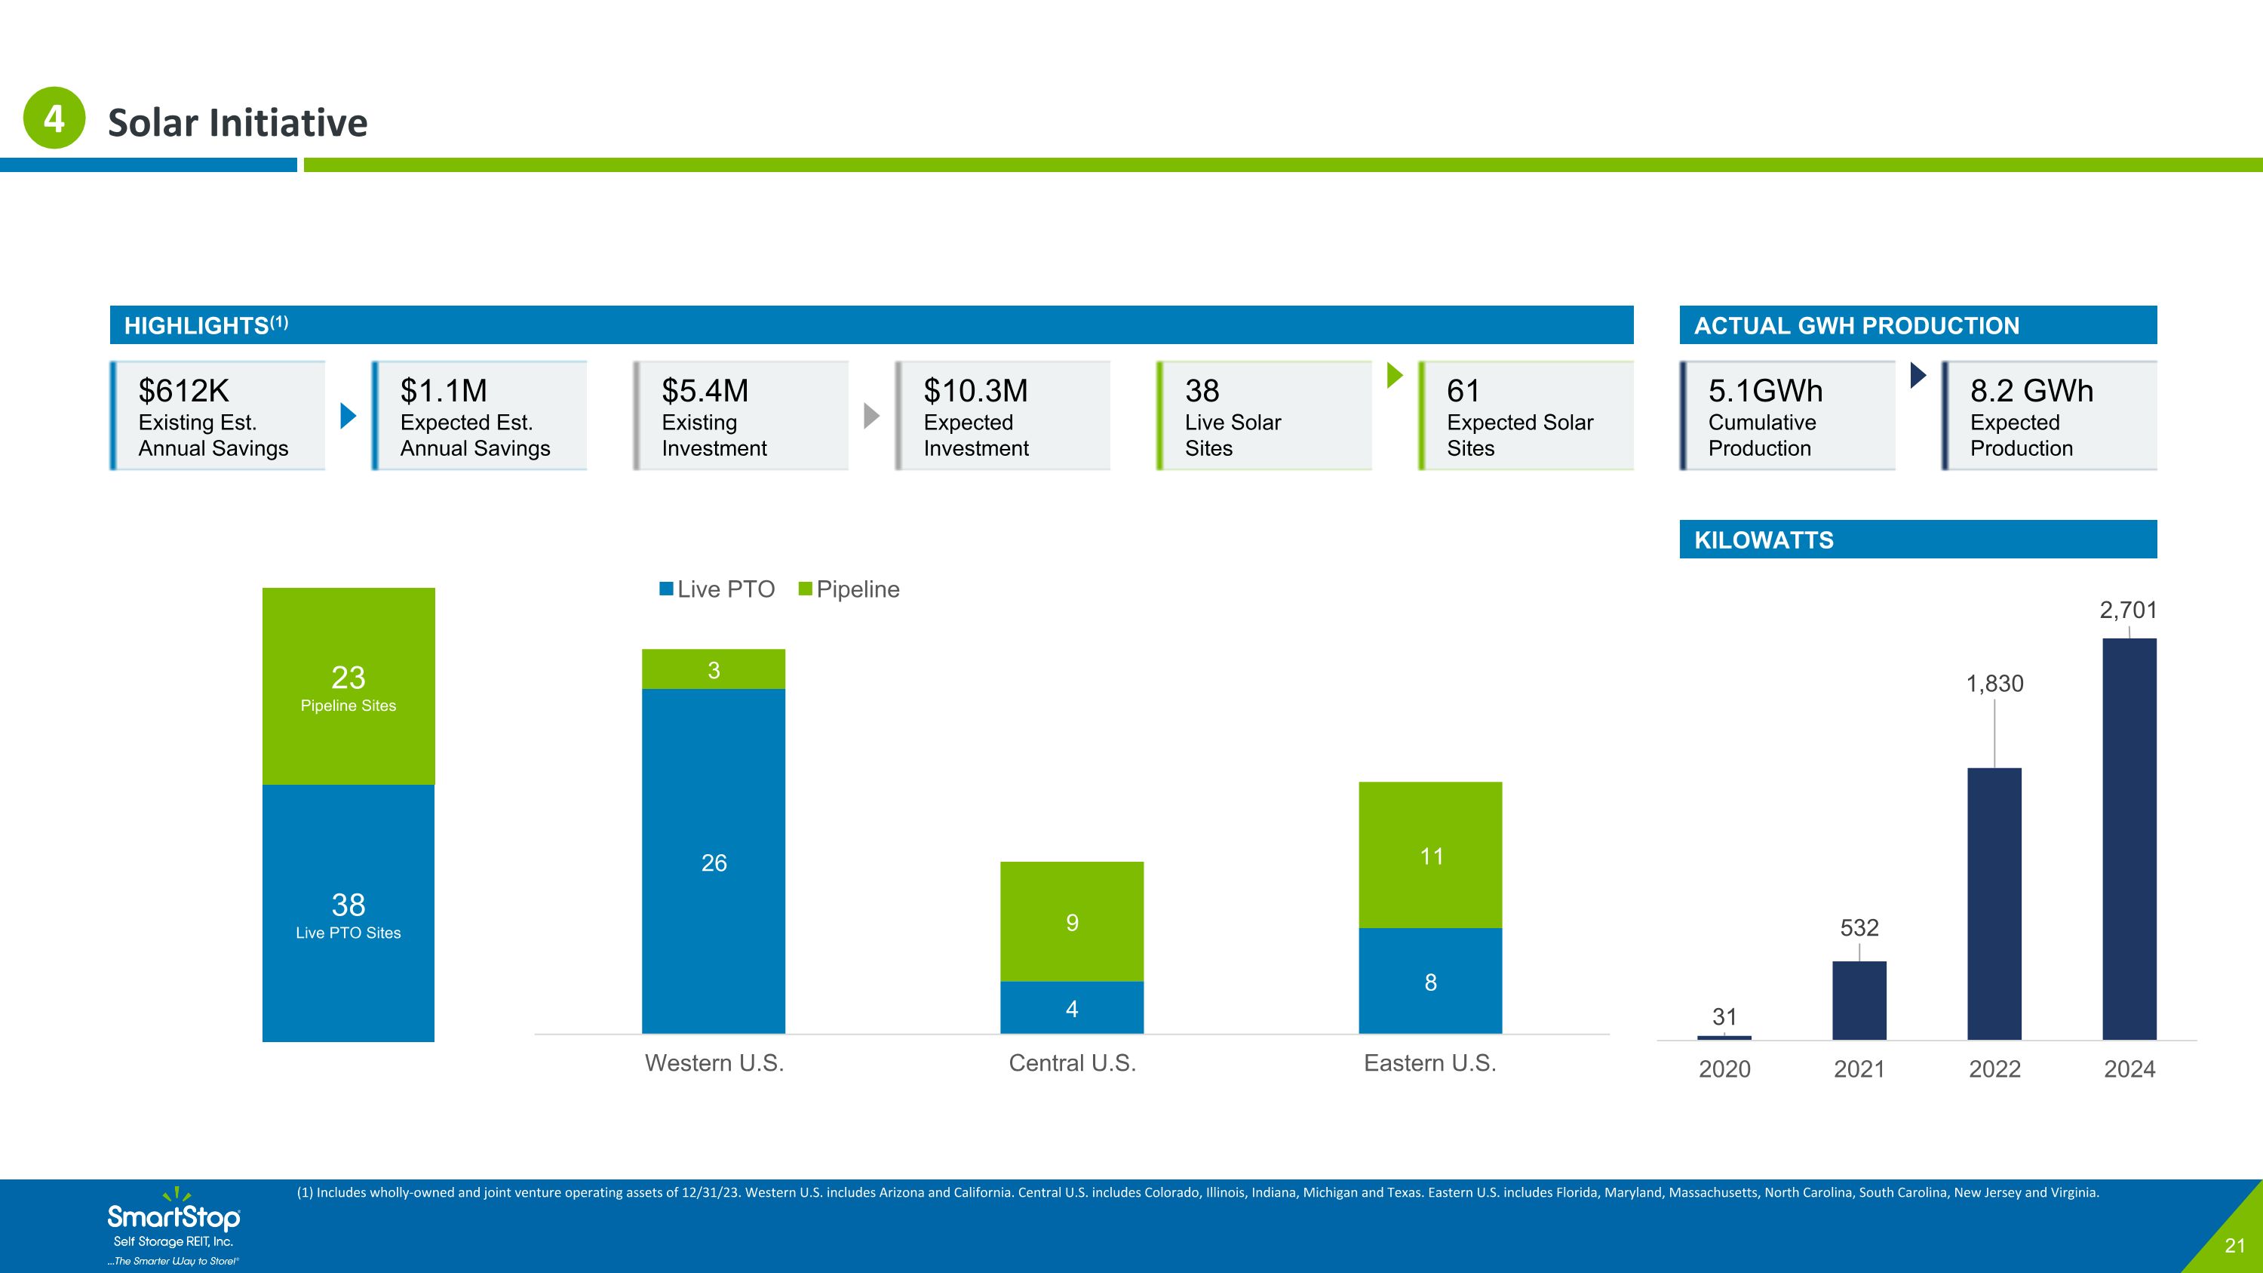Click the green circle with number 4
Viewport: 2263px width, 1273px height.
[54, 118]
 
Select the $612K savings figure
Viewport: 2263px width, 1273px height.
[183, 390]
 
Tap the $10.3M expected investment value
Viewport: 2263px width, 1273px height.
[975, 390]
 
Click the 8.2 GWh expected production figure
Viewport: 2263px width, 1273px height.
[2031, 390]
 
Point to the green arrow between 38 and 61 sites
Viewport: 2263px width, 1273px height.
[1395, 375]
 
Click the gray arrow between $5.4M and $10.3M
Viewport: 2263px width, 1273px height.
[871, 416]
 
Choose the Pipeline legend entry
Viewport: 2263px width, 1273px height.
[849, 589]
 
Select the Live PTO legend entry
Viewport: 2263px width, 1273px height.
[717, 589]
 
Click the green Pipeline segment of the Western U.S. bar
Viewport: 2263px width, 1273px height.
[714, 669]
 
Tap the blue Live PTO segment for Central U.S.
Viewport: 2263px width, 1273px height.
[1072, 1007]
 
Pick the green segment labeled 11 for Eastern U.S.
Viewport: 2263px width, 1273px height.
[1430, 855]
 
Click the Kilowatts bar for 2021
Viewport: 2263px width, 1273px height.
[1859, 1001]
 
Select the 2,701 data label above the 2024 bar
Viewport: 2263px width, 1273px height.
[2128, 610]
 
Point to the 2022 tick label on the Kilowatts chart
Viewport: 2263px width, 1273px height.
[1994, 1069]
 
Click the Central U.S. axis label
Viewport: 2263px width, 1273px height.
[1072, 1063]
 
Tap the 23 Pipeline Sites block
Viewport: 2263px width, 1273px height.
[348, 686]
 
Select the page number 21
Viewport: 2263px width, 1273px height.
[2234, 1246]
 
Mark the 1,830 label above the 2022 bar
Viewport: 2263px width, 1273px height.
[1994, 684]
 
